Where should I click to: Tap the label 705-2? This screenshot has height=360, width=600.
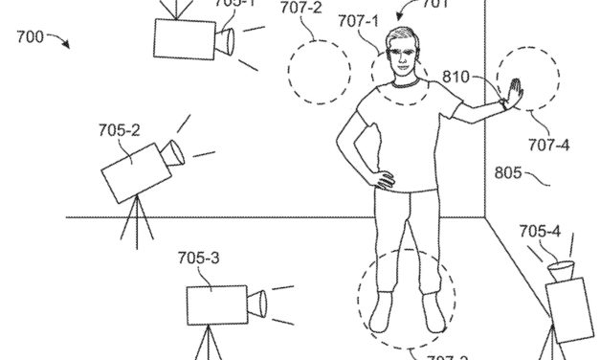(121, 128)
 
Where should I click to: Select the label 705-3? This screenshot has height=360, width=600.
(198, 258)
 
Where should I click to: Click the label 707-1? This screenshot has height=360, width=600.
(356, 18)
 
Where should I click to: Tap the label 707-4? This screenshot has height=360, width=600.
(550, 145)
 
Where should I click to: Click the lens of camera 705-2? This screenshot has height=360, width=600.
(173, 151)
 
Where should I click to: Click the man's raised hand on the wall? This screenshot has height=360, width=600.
(516, 94)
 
